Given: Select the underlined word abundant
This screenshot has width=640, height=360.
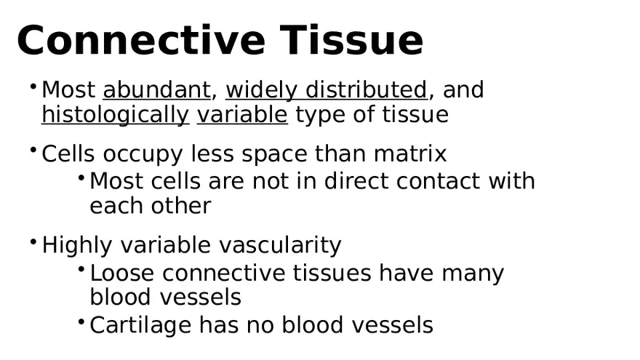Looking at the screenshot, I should (x=156, y=90).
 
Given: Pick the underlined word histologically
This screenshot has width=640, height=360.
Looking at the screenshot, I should (x=115, y=115).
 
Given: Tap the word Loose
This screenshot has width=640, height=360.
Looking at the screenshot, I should (x=122, y=273).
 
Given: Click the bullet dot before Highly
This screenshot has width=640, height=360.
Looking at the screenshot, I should (x=33, y=241).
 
